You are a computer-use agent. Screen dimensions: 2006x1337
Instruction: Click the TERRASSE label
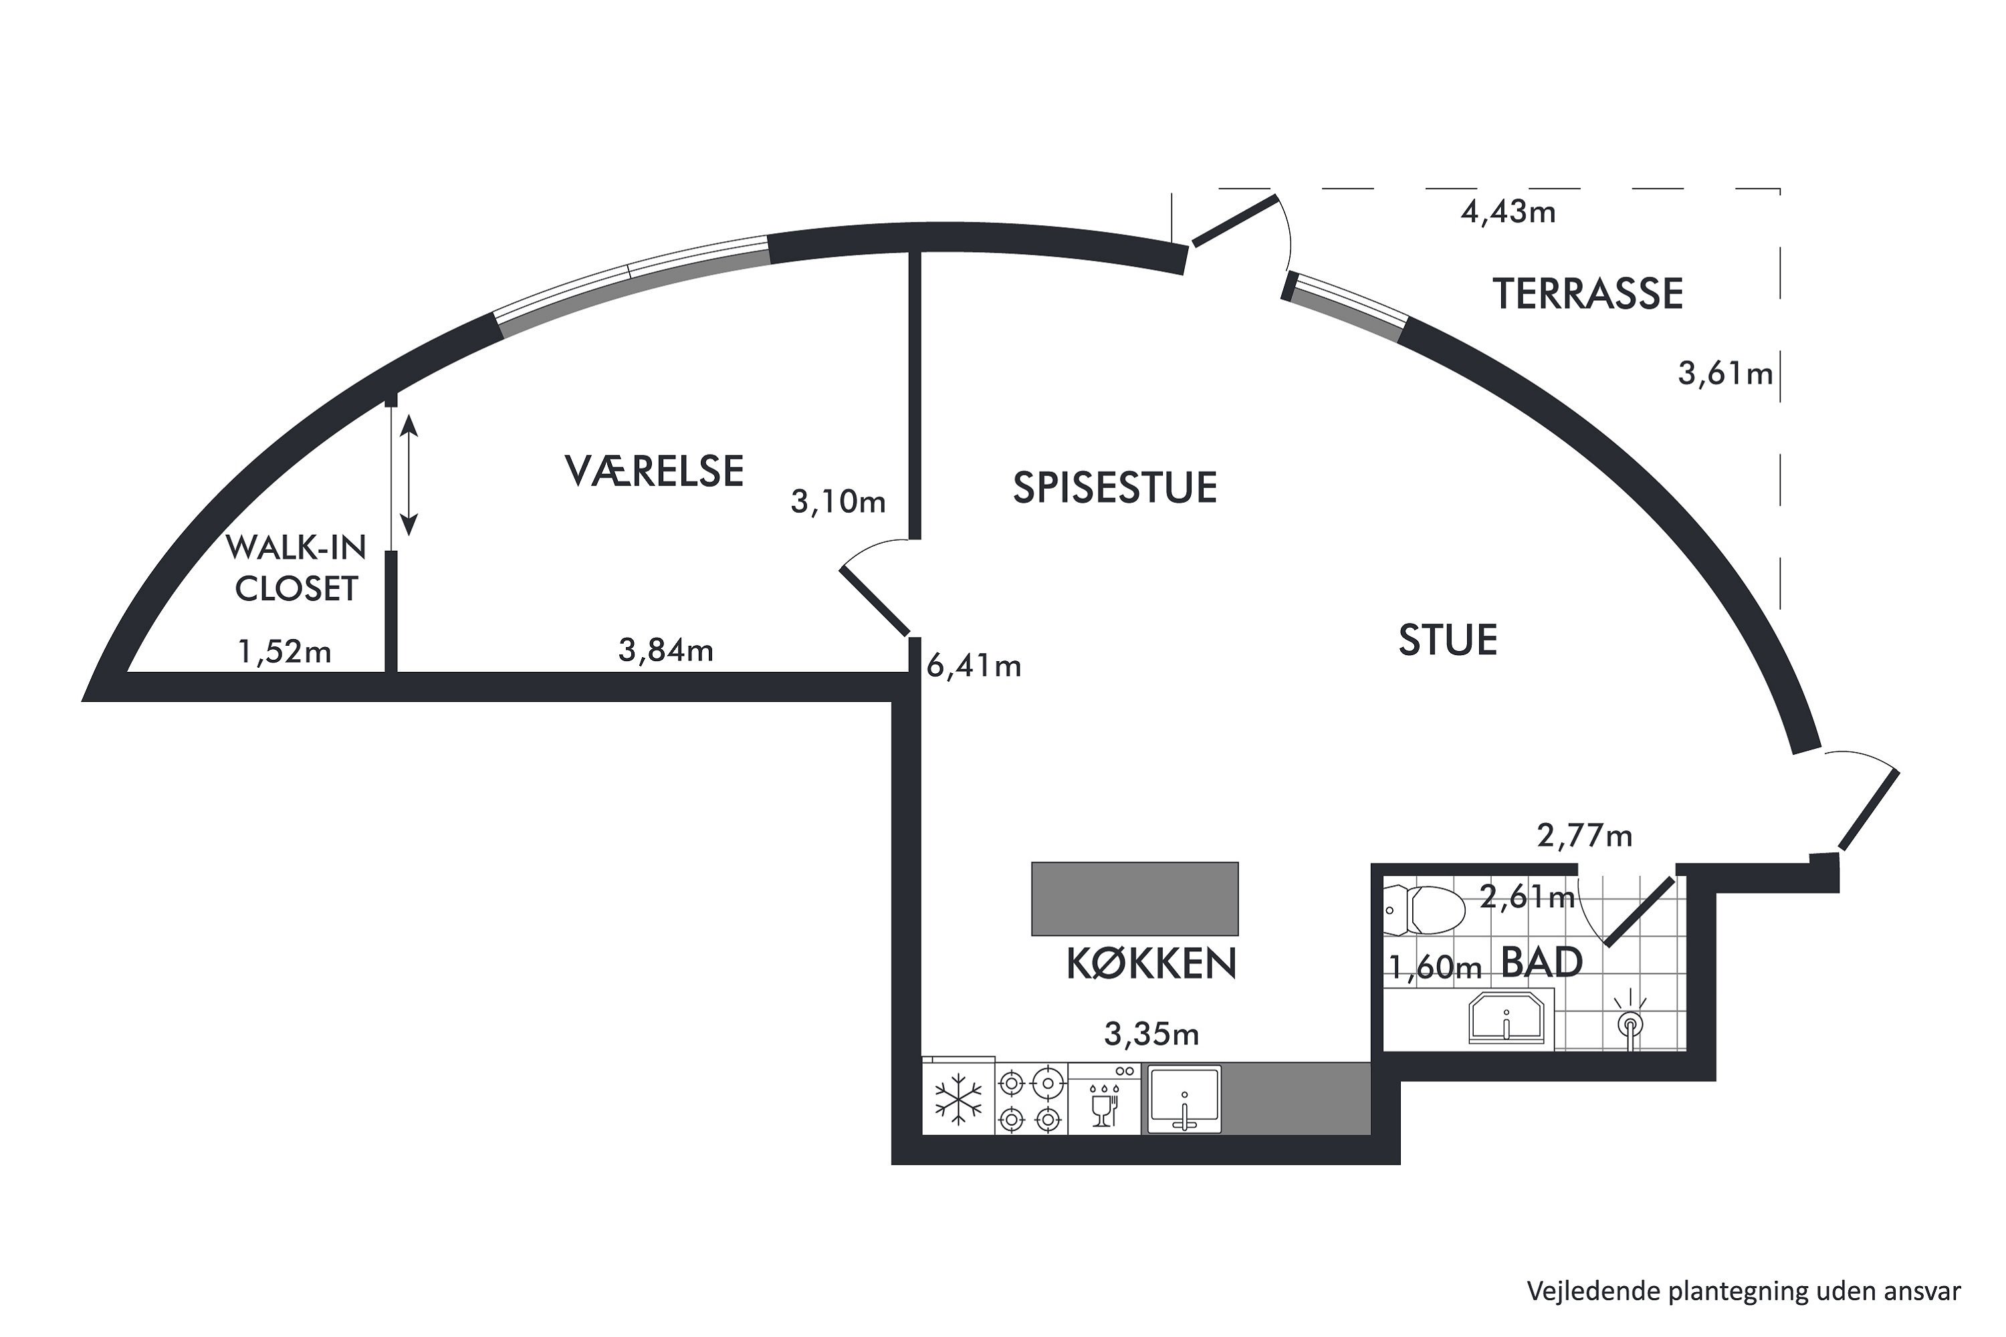(x=1587, y=293)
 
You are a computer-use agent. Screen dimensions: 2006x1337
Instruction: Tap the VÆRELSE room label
(x=654, y=471)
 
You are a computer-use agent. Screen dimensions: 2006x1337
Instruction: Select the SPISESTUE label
(x=1115, y=488)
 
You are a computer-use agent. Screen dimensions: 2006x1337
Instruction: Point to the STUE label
(x=1448, y=640)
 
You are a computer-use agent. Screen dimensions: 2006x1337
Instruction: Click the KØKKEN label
(x=1151, y=963)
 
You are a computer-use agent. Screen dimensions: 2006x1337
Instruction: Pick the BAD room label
(x=1541, y=963)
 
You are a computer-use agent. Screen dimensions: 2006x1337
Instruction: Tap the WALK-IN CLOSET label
(x=296, y=568)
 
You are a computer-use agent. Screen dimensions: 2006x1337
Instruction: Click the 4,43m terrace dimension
(x=1508, y=211)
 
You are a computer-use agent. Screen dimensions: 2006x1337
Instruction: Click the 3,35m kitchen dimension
(x=1151, y=1034)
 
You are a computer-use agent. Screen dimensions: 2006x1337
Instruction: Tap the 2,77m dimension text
(x=1585, y=836)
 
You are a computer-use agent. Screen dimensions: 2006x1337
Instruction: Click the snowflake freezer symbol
(x=959, y=1099)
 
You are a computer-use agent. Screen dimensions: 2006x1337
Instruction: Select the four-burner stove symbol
(x=1031, y=1099)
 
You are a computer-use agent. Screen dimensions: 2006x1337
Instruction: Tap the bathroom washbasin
(x=1507, y=1018)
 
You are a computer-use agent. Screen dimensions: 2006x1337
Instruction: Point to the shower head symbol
(x=1630, y=1021)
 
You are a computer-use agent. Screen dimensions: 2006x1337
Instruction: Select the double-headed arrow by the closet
(x=409, y=475)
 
